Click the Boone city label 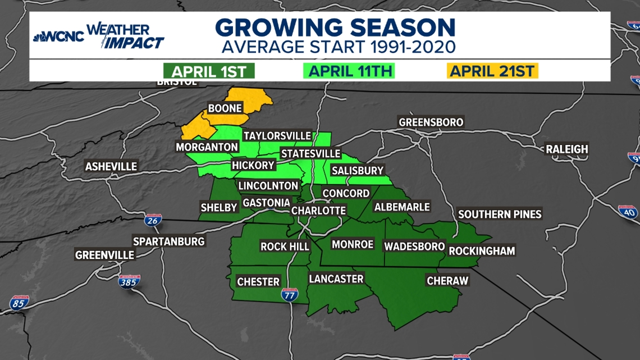click(x=225, y=108)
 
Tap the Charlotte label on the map click(x=318, y=210)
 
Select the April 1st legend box click(x=209, y=71)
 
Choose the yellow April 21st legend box click(x=493, y=71)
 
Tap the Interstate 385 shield click(x=129, y=281)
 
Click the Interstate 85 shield click(x=19, y=303)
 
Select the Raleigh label click(x=567, y=149)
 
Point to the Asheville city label click(x=111, y=166)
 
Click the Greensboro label click(x=431, y=122)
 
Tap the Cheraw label click(x=447, y=280)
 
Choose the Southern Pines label click(x=500, y=214)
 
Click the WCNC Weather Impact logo click(x=99, y=37)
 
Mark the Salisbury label click(x=357, y=170)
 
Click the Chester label click(x=258, y=281)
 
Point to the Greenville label click(x=105, y=254)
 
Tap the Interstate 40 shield click(x=628, y=211)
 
